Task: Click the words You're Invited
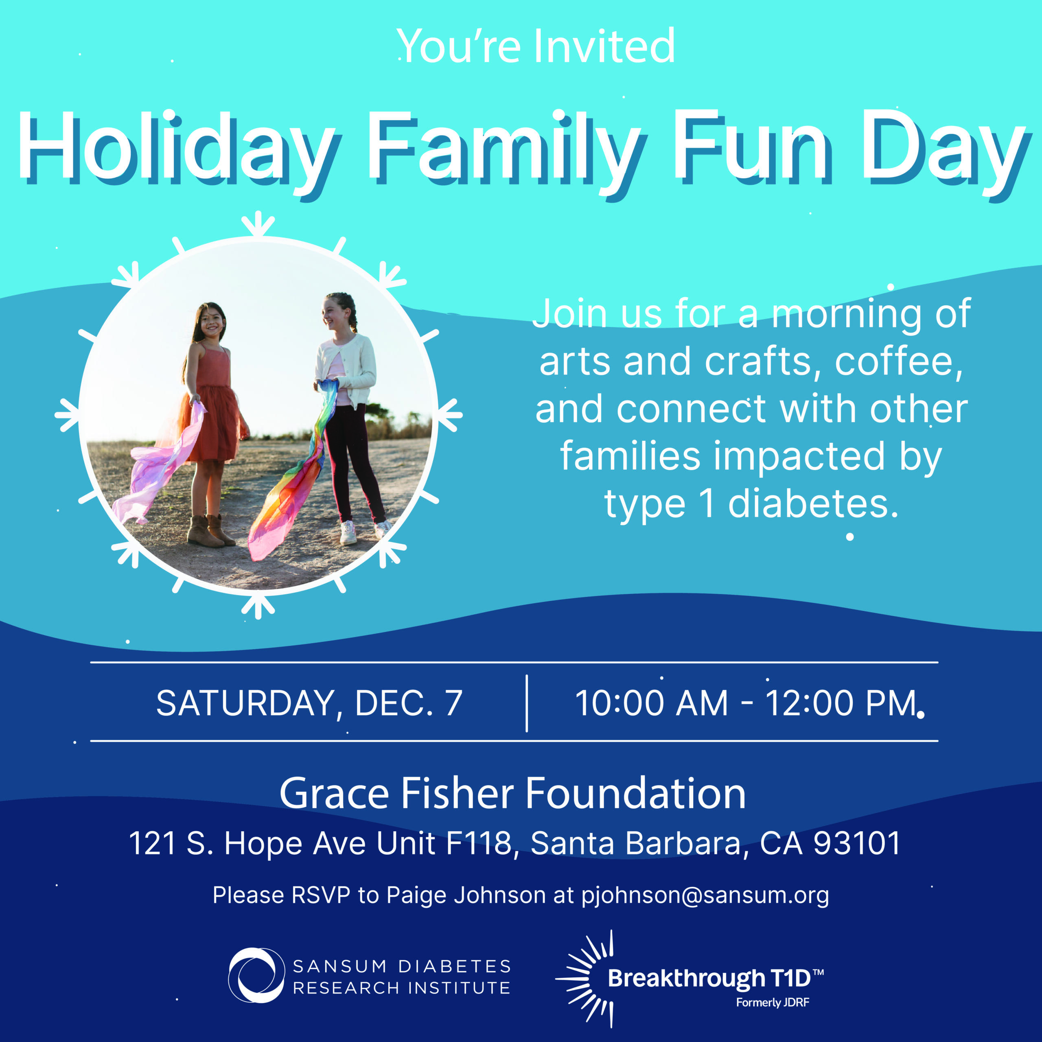click(x=536, y=46)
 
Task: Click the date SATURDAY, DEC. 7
click(x=309, y=703)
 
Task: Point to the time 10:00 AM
click(x=652, y=703)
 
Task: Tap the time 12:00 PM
click(x=841, y=703)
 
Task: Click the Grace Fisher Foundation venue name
click(x=513, y=793)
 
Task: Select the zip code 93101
click(x=857, y=843)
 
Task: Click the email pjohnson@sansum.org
click(x=705, y=895)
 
